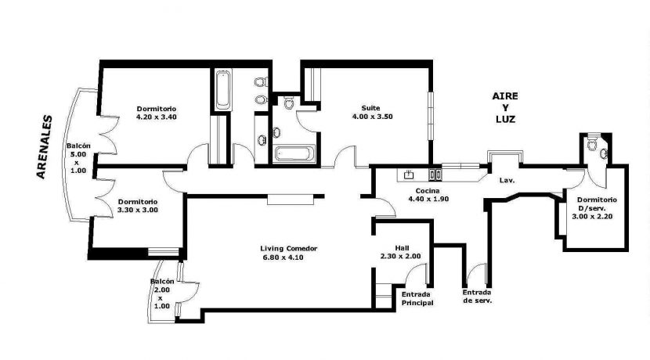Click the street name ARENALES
point(45,146)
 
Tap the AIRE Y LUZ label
point(505,108)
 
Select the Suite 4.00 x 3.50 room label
point(372,112)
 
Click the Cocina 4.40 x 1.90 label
point(428,195)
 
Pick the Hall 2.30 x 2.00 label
point(401,252)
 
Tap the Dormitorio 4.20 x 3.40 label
point(157,113)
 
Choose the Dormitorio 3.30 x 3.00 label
point(138,206)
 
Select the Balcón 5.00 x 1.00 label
point(78,158)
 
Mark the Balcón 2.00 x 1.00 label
point(161,293)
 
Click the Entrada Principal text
point(417,299)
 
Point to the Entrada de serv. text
point(477,297)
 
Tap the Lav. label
point(507,181)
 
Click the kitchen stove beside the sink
point(435,175)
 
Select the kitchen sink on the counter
point(409,175)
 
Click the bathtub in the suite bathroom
point(293,153)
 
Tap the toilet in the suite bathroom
point(289,103)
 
